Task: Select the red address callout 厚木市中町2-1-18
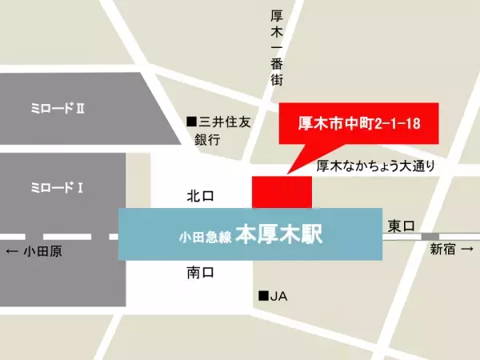(x=359, y=124)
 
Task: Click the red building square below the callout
(x=282, y=193)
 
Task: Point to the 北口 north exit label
(x=201, y=195)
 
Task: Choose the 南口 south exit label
(x=201, y=273)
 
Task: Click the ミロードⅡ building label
(x=57, y=106)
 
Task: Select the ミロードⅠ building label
(x=57, y=188)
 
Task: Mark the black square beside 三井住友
(x=191, y=122)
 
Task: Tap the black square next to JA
(x=262, y=296)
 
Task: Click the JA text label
(x=278, y=296)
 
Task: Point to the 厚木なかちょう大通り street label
(x=375, y=166)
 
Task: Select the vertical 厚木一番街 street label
(x=277, y=48)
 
